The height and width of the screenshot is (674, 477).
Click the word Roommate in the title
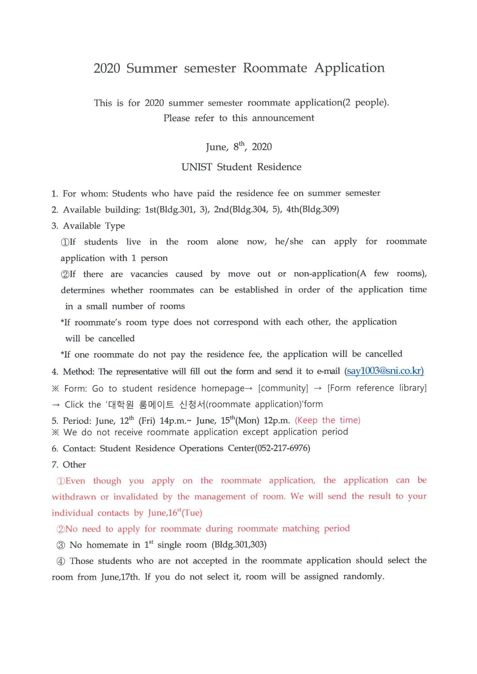click(x=275, y=68)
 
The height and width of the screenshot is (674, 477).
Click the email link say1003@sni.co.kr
click(x=384, y=371)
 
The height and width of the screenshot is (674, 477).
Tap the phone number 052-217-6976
click(x=283, y=448)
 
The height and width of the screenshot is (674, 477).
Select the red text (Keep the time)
click(x=328, y=420)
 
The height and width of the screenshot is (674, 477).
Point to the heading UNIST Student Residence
click(x=241, y=167)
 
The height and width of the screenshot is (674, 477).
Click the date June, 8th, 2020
click(x=239, y=146)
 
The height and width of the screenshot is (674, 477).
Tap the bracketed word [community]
click(x=283, y=388)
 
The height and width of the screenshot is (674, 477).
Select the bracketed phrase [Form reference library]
click(x=377, y=388)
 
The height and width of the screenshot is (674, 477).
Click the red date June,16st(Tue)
click(x=175, y=513)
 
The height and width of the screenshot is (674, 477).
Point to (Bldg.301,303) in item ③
click(x=239, y=545)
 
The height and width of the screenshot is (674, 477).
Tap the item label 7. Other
click(x=69, y=465)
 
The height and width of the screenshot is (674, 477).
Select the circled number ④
click(x=61, y=561)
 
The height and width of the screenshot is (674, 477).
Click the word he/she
click(x=289, y=242)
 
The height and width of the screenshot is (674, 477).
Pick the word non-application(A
click(x=330, y=274)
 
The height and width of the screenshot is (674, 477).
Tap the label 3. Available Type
click(x=88, y=226)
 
